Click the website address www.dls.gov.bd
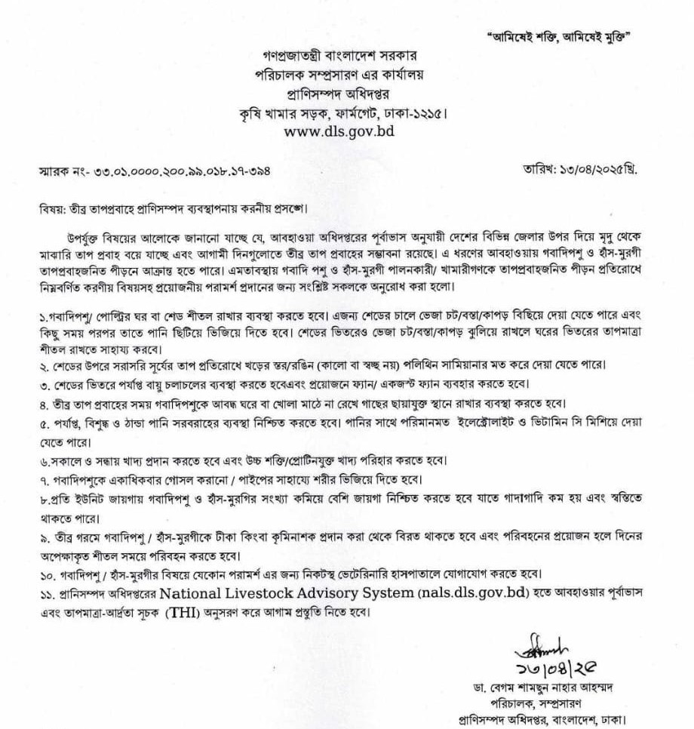tap(339, 130)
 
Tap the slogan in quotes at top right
tap(560, 36)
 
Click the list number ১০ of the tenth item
tap(45, 573)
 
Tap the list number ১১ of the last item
tap(45, 592)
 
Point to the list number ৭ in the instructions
tap(43, 481)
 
